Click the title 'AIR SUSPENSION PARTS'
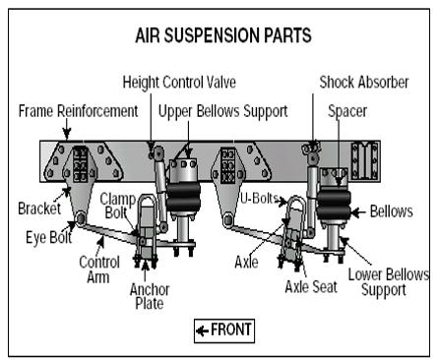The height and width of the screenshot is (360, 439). (223, 35)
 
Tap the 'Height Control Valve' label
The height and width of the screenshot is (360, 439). (179, 82)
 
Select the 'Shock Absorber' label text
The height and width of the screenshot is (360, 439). (364, 82)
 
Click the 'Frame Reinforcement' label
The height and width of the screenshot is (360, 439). (78, 111)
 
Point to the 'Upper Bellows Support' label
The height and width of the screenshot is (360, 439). (223, 111)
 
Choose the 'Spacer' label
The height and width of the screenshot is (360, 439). (347, 111)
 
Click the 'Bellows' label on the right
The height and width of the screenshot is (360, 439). (392, 211)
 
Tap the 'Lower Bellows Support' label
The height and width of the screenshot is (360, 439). (389, 282)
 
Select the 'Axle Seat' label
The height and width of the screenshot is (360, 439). (311, 287)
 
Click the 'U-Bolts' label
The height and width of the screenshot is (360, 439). (259, 198)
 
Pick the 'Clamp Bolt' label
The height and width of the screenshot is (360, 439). (117, 206)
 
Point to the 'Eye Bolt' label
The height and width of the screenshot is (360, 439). (49, 237)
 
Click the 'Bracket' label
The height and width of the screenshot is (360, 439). (39, 209)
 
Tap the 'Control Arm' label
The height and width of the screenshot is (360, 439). (99, 270)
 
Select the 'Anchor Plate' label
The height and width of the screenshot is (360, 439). (150, 296)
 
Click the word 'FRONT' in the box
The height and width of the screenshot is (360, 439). (231, 330)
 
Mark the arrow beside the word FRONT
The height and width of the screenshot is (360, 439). (202, 330)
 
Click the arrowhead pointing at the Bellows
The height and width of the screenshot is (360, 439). (354, 212)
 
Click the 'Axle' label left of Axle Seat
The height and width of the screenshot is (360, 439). (246, 263)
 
